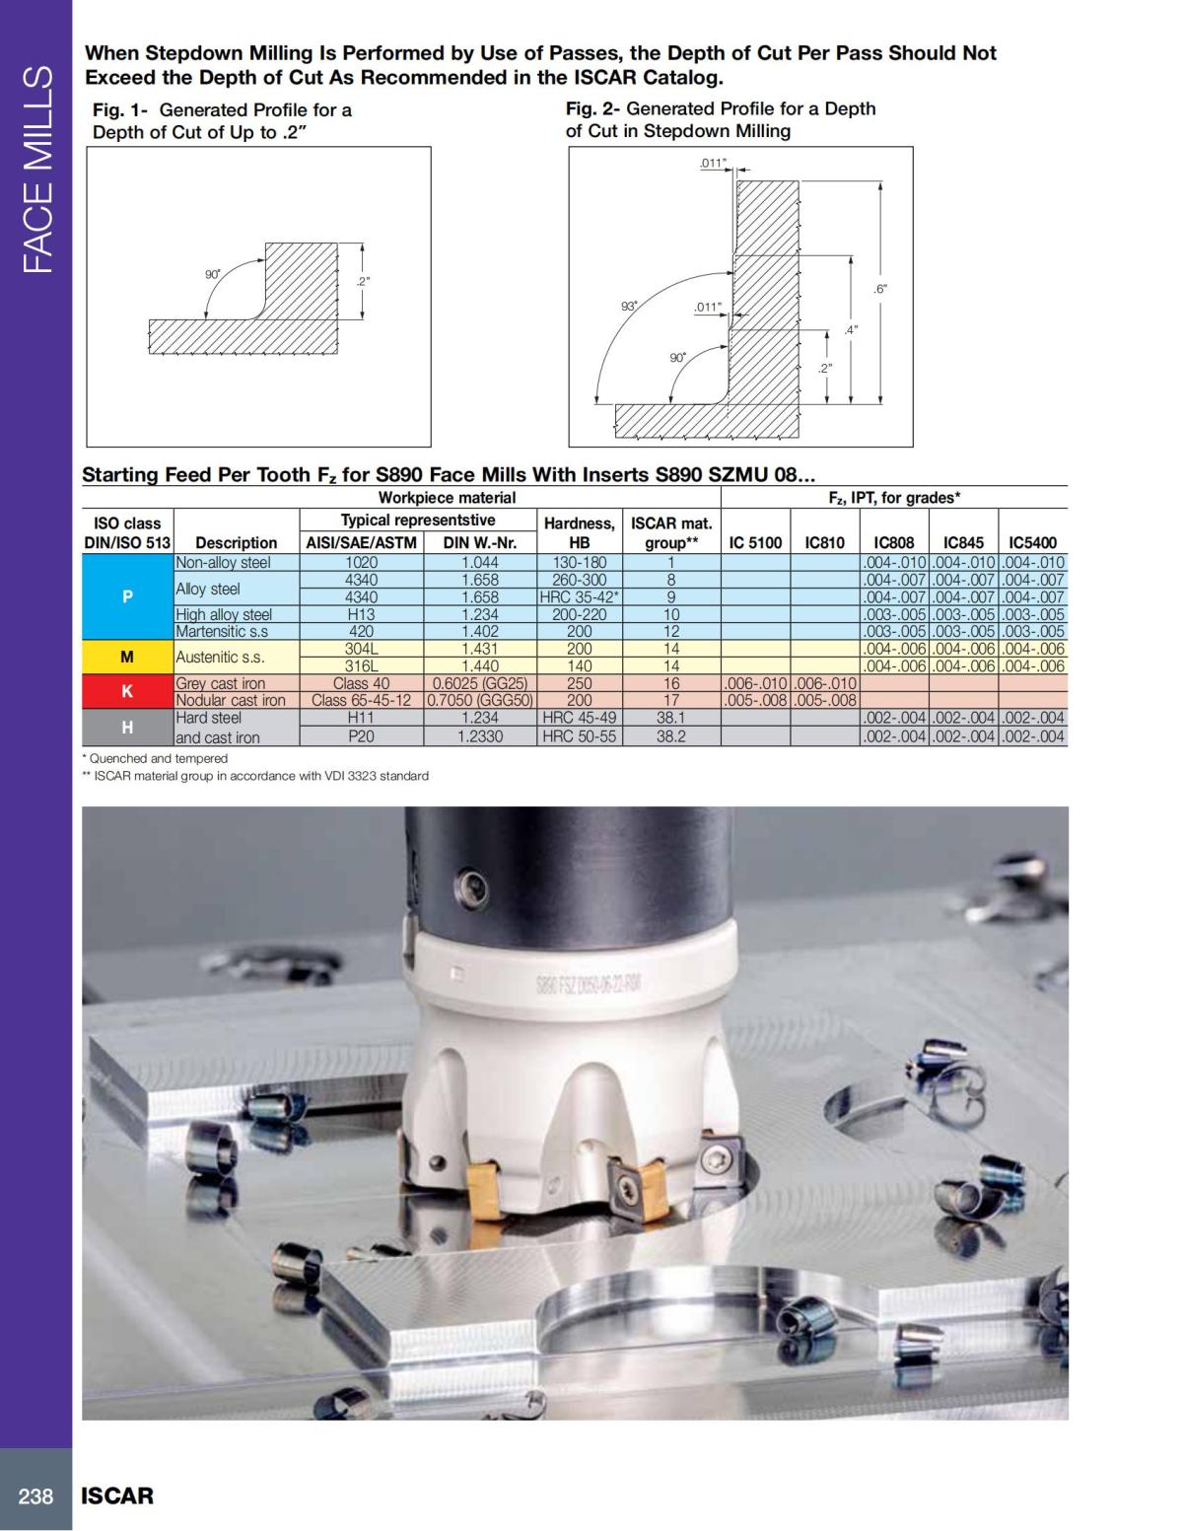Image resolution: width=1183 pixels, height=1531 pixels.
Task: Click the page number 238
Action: point(35,1496)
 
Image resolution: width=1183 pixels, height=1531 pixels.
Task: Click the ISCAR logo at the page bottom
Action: point(117,1496)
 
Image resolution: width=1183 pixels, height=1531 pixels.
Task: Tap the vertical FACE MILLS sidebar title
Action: point(36,170)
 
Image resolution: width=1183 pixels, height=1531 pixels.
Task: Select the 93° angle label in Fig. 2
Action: point(628,307)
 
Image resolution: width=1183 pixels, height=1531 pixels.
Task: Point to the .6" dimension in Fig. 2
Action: point(880,289)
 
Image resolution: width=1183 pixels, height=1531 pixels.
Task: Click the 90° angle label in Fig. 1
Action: point(212,274)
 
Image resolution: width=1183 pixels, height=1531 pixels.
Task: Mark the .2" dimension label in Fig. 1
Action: point(363,282)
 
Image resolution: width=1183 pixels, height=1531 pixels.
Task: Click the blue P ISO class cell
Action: point(127,597)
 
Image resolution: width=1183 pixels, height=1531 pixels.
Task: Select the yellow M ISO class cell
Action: point(127,657)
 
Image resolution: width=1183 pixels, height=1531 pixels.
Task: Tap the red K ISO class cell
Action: point(127,691)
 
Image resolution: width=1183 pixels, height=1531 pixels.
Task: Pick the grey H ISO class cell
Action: point(127,728)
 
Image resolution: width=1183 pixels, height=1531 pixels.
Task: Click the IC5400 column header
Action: point(1032,542)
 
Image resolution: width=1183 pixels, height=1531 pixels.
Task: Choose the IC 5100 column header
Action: point(755,542)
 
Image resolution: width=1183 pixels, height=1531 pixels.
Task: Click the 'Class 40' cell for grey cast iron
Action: point(362,683)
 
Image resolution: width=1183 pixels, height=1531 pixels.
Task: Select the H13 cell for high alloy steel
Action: point(362,614)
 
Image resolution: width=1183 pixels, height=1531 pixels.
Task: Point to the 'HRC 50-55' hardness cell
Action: point(580,736)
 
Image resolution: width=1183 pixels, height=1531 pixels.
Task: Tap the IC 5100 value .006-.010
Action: point(755,683)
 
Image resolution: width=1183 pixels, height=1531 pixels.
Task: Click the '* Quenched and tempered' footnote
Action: point(155,758)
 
